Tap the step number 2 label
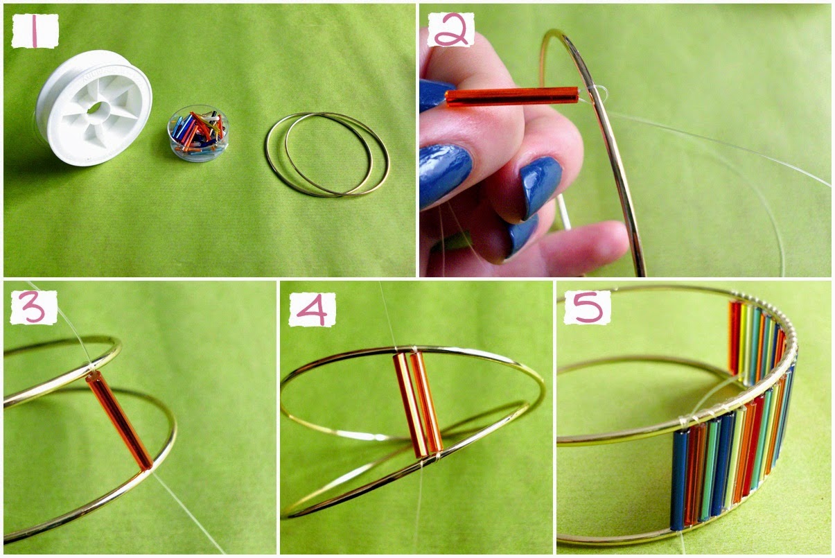450,30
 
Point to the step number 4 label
312,309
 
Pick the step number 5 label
587,308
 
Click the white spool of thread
94,107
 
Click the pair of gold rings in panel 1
327,154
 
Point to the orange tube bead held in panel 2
511,96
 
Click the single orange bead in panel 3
119,420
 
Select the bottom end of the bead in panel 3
146,465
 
